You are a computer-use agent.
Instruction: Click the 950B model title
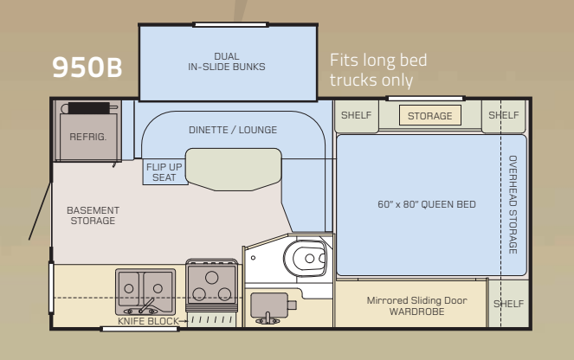87,68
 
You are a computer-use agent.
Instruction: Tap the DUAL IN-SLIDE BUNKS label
226,61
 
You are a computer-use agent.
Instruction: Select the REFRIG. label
87,137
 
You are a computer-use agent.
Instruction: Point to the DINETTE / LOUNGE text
233,130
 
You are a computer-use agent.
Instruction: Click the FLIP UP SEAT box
163,172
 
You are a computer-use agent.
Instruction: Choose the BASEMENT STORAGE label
93,215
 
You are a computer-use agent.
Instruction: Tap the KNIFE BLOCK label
149,321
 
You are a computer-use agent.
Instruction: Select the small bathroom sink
270,305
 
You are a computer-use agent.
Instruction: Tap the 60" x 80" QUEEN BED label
427,204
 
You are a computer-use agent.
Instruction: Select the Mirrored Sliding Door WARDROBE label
410,305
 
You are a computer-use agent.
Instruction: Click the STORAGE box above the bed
429,116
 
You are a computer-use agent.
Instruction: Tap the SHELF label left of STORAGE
355,115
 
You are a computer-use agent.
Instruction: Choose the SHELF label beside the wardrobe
508,304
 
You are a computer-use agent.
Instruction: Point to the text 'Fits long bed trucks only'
378,70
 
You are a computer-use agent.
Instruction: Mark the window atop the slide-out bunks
226,24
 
